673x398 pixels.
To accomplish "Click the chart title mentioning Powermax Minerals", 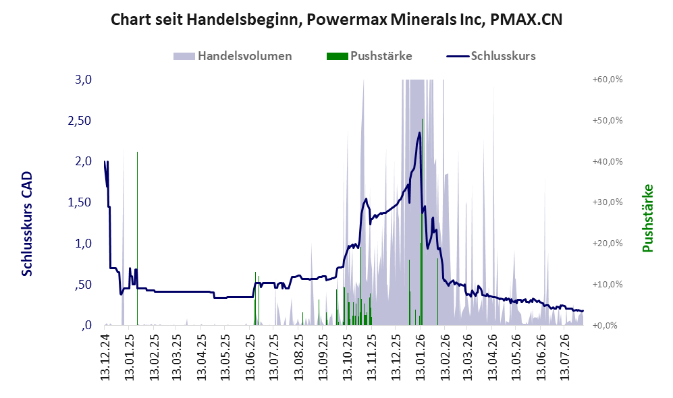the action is pos(336,20).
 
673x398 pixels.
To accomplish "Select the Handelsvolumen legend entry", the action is pos(233,56).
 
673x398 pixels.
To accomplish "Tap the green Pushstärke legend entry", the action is pos(369,56).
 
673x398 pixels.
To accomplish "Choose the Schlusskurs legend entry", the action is pos(491,56).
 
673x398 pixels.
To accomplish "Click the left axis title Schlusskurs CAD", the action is pos(27,223).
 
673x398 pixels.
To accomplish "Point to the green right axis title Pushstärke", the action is pos(647,219).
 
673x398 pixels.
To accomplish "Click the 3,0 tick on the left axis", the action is pos(83,80).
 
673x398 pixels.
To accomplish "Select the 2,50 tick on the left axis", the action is pos(80,121).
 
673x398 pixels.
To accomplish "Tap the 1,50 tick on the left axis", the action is pos(80,202).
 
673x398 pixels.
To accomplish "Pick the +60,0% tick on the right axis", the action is pos(608,80).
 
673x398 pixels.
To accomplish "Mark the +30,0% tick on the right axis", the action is pos(608,202).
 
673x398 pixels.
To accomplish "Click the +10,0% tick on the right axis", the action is pos(608,285).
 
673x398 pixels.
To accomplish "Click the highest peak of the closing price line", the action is pos(419,132).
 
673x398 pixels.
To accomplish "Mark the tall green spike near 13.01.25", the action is pos(137,238).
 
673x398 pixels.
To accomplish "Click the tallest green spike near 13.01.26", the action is pos(422,222).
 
